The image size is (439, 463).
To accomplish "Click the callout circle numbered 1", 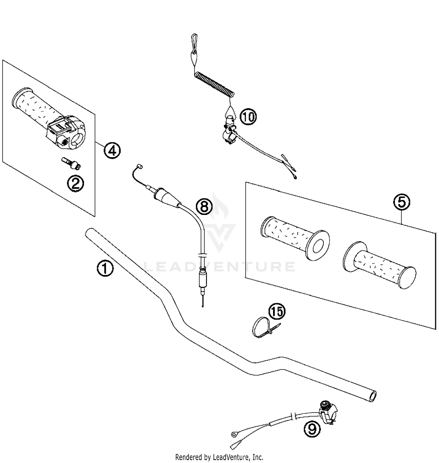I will tap(105, 269).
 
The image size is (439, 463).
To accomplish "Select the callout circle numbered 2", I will tap(75, 184).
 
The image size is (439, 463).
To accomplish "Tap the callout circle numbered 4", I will tap(112, 150).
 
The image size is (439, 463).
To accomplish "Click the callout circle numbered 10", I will tap(248, 117).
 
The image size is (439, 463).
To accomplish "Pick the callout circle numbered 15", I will tap(277, 311).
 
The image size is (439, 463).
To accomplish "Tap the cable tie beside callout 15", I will tap(262, 328).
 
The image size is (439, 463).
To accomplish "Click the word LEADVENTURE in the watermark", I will tap(220, 267).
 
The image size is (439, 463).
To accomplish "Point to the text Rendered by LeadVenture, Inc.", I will tap(219, 457).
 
